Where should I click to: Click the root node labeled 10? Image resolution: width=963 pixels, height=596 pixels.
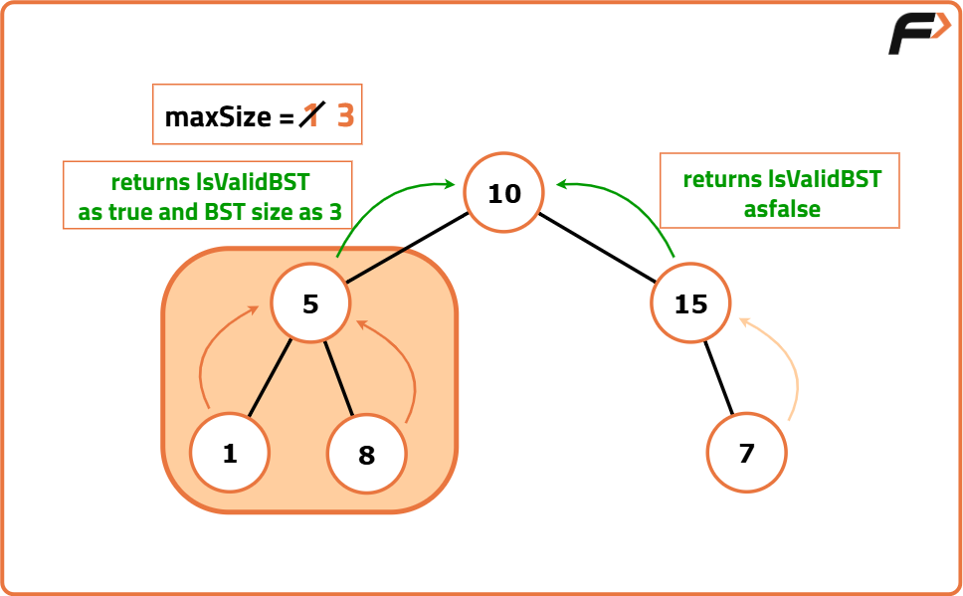click(504, 192)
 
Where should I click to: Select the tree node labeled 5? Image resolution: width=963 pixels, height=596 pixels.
click(310, 303)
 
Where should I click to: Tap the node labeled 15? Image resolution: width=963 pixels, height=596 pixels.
click(690, 303)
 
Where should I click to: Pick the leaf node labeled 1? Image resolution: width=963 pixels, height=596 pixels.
click(230, 453)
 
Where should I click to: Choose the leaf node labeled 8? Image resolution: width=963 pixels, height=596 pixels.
click(367, 455)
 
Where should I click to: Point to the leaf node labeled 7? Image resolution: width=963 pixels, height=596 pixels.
click(746, 453)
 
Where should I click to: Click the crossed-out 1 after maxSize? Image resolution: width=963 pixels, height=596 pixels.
click(311, 116)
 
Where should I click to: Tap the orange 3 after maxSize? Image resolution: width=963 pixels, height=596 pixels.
click(345, 116)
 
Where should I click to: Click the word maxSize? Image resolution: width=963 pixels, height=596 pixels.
click(217, 117)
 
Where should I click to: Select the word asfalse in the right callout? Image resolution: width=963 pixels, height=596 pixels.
click(781, 209)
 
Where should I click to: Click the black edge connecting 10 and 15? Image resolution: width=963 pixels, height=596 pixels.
click(598, 245)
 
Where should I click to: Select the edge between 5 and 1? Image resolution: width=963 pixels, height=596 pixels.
click(270, 378)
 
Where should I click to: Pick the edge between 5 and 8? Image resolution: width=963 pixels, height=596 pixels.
click(339, 378)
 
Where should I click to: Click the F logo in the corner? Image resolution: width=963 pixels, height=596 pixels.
click(917, 36)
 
